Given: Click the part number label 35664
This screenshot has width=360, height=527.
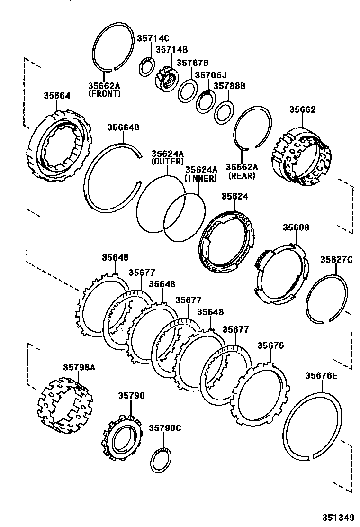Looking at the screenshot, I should tap(57, 95).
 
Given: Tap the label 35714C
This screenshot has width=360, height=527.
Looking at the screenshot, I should tap(153, 39).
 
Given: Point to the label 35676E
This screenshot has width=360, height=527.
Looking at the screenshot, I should tap(321, 376).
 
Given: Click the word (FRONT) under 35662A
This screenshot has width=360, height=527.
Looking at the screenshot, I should tap(104, 94).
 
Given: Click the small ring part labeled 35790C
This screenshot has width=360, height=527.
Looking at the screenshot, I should tap(162, 459).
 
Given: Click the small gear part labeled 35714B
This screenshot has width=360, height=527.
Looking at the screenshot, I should tap(166, 78).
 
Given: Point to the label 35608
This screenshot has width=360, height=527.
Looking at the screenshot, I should tap(296, 227).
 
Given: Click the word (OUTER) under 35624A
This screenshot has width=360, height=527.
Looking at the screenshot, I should tap(167, 162).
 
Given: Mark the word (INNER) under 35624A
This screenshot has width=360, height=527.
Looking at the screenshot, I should tap(201, 178).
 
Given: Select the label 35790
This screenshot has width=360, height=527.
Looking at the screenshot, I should tap(131, 396).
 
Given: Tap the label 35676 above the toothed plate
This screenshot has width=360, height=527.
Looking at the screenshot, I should tap(270, 345).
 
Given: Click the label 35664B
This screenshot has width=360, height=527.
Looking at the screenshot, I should tap(123, 127).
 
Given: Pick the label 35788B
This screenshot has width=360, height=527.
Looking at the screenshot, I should tap(229, 86).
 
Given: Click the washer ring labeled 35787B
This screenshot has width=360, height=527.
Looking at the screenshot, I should tap(188, 91).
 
